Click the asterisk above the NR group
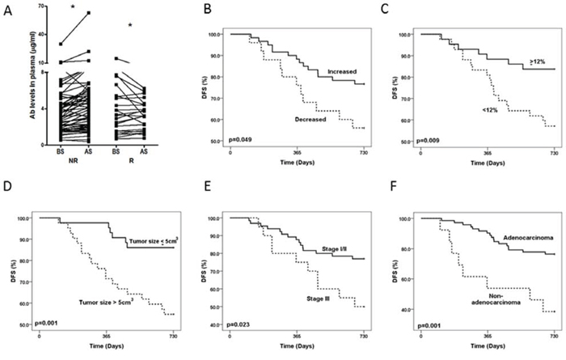coord(51,7)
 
